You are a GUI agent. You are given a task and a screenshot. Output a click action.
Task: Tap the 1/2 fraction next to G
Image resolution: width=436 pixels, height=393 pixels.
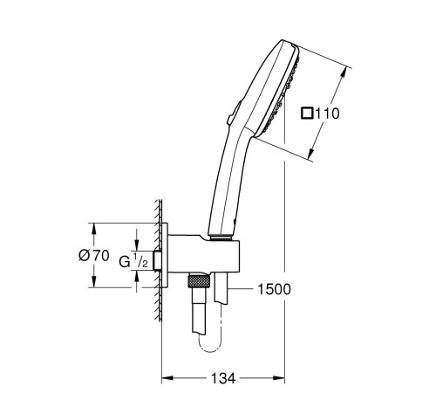[140, 260]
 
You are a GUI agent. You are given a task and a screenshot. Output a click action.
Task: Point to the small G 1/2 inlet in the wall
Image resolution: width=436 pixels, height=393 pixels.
[158, 260]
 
